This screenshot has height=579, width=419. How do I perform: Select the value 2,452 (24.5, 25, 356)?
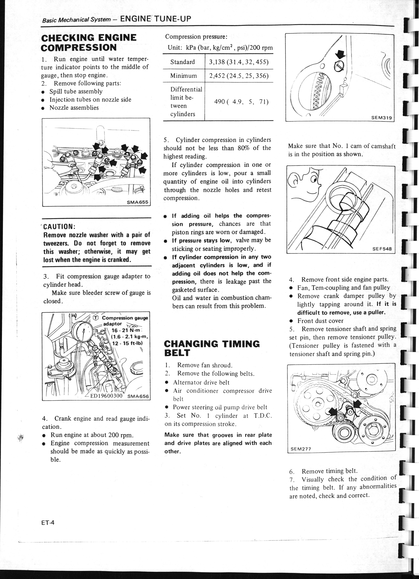(239, 76)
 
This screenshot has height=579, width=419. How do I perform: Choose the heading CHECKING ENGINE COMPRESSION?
(89, 43)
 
